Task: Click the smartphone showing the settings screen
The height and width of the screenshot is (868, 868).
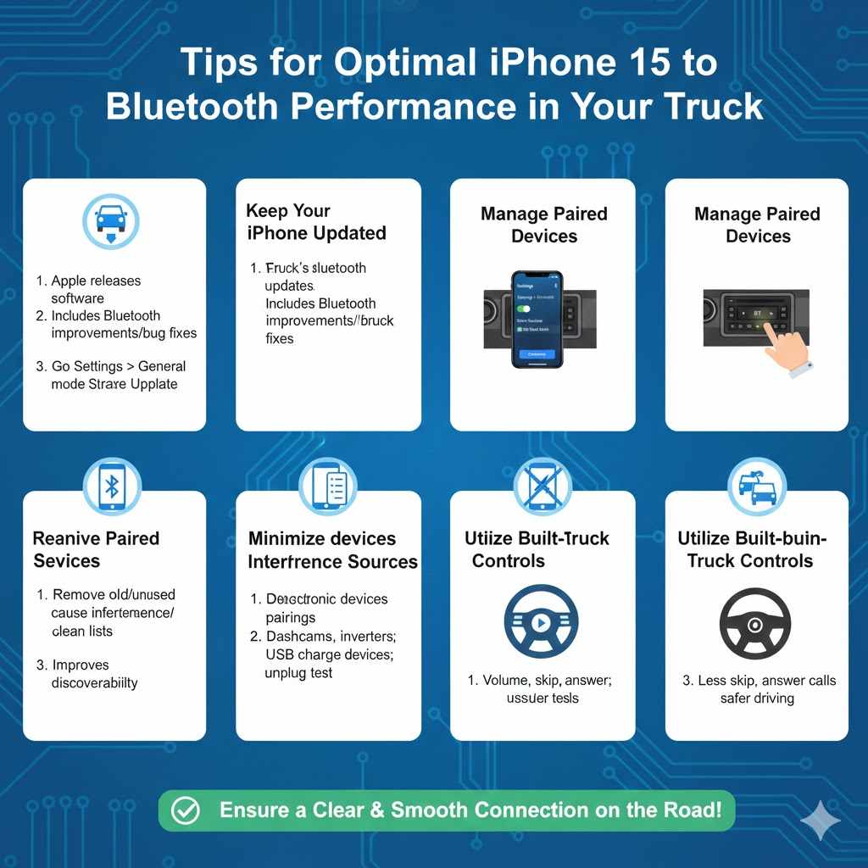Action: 537,319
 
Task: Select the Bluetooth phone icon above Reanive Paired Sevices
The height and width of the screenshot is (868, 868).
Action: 112,487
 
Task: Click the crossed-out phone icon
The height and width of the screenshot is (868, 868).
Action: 542,487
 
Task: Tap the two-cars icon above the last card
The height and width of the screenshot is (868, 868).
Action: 757,487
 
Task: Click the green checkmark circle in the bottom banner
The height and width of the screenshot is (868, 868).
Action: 185,810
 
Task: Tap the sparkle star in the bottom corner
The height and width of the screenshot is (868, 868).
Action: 820,821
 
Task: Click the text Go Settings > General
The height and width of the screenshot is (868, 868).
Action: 117,366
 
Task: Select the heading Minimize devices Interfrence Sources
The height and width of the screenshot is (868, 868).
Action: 332,550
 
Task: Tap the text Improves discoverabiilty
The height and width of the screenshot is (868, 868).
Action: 93,674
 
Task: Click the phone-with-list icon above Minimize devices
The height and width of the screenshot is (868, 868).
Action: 327,487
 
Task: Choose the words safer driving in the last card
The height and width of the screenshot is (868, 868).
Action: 757,698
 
